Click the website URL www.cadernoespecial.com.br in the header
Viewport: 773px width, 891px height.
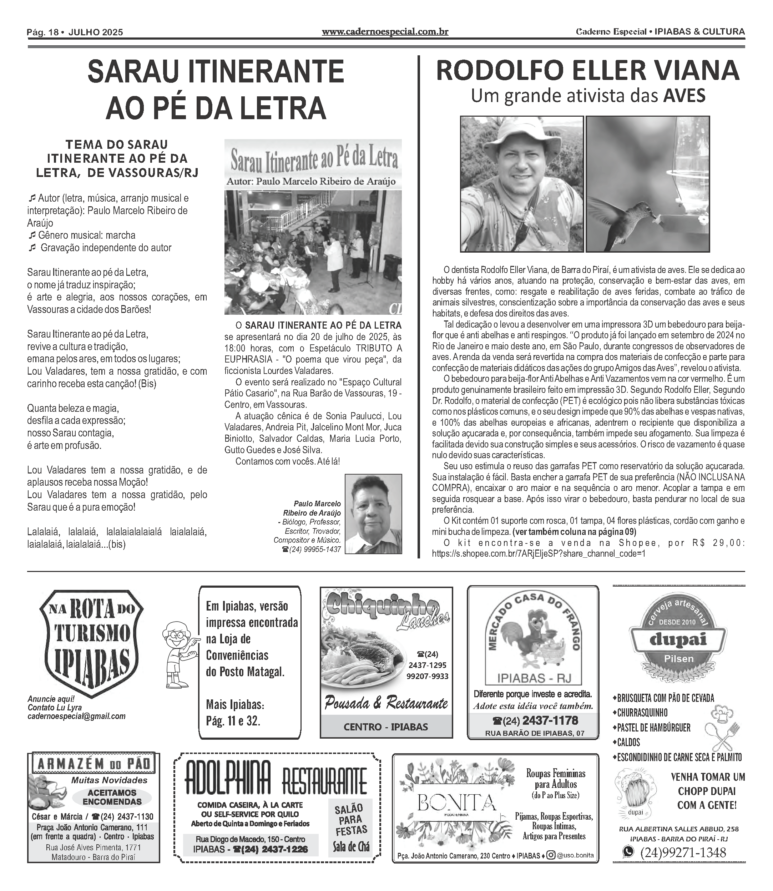[x=385, y=32]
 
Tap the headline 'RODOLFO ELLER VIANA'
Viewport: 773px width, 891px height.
[x=587, y=71]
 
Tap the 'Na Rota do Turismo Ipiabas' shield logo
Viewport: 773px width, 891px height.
[x=91, y=642]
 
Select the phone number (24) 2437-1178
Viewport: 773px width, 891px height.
[x=535, y=720]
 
